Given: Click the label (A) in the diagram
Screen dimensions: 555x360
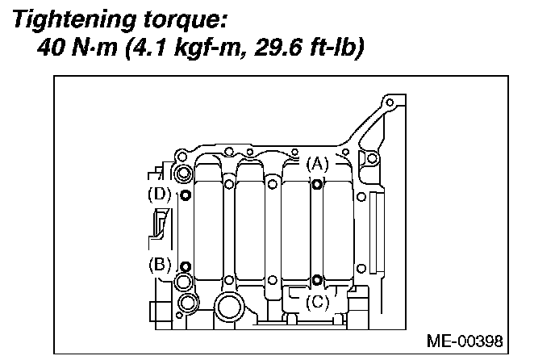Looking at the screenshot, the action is click(x=319, y=164).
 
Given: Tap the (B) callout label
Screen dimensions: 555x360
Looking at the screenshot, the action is click(x=160, y=263).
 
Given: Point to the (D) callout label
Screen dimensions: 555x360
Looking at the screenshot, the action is click(x=160, y=195).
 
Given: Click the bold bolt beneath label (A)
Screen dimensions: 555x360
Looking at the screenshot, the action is click(x=317, y=185).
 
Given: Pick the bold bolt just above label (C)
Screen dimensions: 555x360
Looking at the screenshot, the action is click(x=317, y=280).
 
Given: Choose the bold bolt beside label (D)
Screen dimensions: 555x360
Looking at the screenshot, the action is click(x=186, y=195).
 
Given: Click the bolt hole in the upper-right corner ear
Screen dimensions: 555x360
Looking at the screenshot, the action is click(x=390, y=103).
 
